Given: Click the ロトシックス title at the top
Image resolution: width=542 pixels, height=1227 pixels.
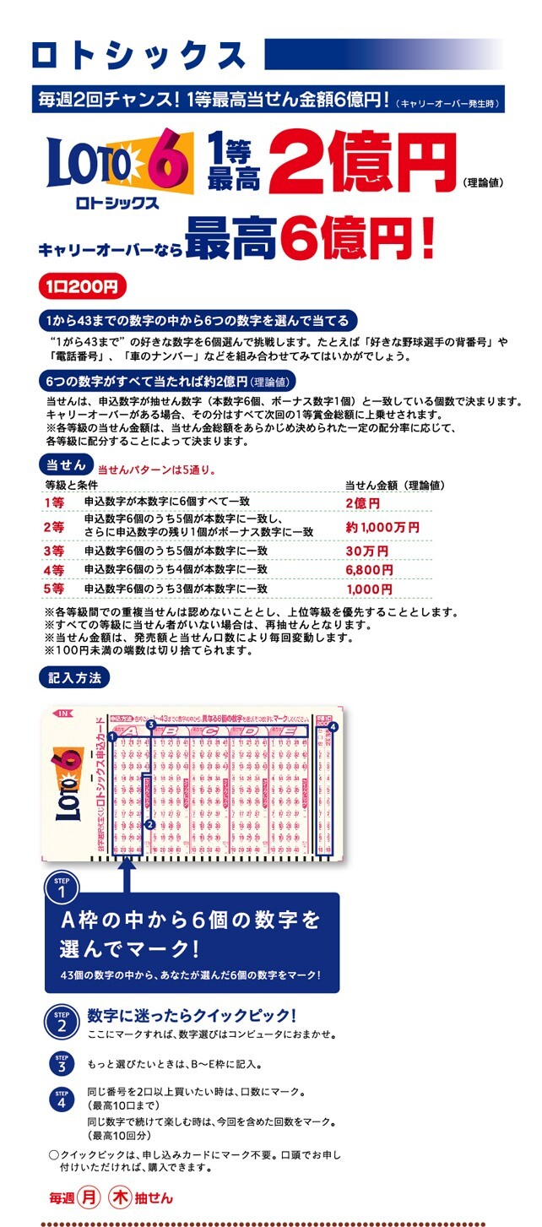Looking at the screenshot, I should (139, 55).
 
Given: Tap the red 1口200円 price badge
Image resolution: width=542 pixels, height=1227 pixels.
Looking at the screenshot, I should (82, 286).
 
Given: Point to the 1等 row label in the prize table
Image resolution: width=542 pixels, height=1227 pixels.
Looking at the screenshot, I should (55, 503).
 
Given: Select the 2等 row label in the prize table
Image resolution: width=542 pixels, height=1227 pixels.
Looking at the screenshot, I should (55, 526).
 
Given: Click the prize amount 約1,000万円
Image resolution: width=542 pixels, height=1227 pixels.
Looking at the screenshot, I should (382, 527).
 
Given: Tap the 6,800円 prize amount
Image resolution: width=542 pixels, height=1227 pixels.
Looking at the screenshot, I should (370, 570).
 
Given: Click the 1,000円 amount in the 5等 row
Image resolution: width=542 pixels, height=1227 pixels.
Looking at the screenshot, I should (369, 589).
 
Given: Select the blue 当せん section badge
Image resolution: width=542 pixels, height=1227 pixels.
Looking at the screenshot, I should (65, 464).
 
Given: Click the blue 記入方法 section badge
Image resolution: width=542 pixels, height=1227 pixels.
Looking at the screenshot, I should (73, 676).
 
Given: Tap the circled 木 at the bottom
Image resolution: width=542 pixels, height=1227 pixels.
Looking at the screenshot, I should (122, 1197).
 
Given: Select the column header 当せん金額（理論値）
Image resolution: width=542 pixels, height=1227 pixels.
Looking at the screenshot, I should (394, 486).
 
